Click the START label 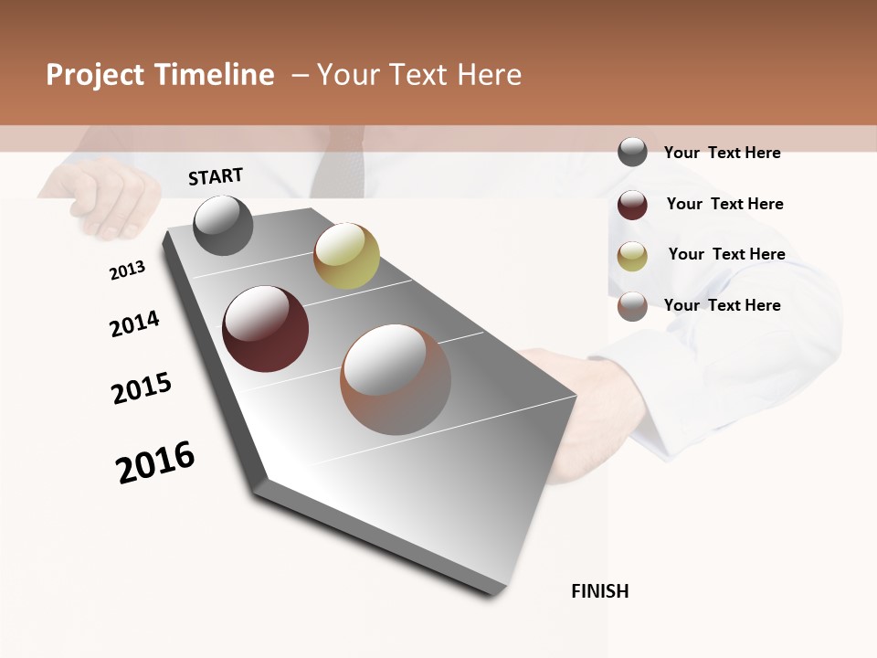pyautogui.click(x=216, y=176)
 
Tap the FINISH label pyautogui.click(x=599, y=591)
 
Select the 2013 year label pyautogui.click(x=128, y=271)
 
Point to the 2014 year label pyautogui.click(x=134, y=324)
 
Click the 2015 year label pyautogui.click(x=142, y=388)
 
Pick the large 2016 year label pyautogui.click(x=155, y=462)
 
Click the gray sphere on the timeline pyautogui.click(x=224, y=226)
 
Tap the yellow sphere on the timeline pyautogui.click(x=346, y=256)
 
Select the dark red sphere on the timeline pyautogui.click(x=266, y=329)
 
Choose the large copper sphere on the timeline pyautogui.click(x=396, y=379)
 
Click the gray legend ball pyautogui.click(x=632, y=152)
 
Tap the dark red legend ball pyautogui.click(x=632, y=205)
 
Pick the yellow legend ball pyautogui.click(x=632, y=256)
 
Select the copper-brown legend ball pyautogui.click(x=632, y=306)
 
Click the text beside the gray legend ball pyautogui.click(x=722, y=153)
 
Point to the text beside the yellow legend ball pyautogui.click(x=726, y=254)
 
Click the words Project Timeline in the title pyautogui.click(x=160, y=75)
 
